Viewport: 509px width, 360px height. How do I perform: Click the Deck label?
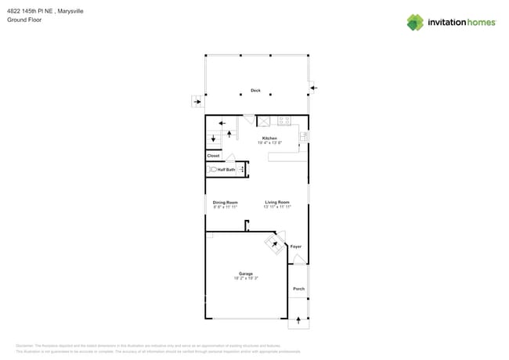255,91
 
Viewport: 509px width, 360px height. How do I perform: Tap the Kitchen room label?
269,139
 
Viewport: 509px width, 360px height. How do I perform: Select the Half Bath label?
226,170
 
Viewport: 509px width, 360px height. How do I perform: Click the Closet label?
213,156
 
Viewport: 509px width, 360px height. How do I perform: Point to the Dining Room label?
225,203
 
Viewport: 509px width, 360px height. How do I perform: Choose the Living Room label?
276,203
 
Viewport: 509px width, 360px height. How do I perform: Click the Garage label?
246,274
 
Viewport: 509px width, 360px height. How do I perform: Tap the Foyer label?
296,247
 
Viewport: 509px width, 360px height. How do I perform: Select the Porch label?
298,289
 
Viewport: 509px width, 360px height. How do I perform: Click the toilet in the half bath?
212,169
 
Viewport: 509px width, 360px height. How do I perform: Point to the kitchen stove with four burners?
283,121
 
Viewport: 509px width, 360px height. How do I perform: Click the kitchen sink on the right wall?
304,136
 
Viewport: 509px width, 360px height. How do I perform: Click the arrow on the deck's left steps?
197,102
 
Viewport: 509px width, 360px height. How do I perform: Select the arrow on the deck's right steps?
313,88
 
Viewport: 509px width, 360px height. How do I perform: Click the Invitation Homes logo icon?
415,22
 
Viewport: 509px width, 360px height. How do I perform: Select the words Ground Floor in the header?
24,20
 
